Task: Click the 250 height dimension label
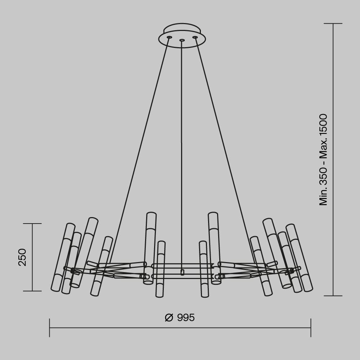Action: coord(22,257)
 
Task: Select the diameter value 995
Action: coord(186,318)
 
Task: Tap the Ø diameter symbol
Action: coord(169,318)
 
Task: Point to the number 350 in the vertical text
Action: coord(323,176)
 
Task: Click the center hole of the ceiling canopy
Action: coord(182,40)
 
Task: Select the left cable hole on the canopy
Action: coord(169,37)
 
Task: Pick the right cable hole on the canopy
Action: coord(195,37)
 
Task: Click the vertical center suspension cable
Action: coord(182,144)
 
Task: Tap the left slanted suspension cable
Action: coord(140,144)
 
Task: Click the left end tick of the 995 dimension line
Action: coord(49,328)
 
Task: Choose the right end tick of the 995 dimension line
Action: coord(311,328)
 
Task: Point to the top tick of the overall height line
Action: coord(333,24)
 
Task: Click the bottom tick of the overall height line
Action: coord(333,296)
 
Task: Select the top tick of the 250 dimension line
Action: coord(32,224)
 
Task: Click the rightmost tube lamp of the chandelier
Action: coord(299,257)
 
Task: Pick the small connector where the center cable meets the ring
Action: coord(182,272)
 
